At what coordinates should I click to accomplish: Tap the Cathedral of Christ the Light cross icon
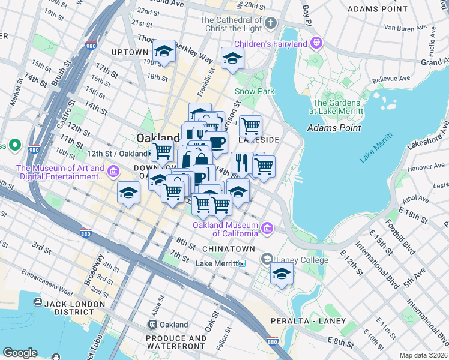270,23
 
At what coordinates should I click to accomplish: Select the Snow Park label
254,91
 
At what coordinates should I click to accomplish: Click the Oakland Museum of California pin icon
267,229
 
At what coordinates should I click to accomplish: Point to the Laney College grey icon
267,259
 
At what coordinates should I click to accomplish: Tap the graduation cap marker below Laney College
282,274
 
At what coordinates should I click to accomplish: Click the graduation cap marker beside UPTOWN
164,52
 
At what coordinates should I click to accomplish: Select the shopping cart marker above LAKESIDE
250,126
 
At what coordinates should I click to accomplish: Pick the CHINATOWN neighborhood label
229,248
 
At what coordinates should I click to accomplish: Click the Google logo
20,353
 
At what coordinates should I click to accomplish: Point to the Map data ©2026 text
423,355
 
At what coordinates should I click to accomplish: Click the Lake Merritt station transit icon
242,263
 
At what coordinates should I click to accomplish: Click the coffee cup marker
216,142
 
